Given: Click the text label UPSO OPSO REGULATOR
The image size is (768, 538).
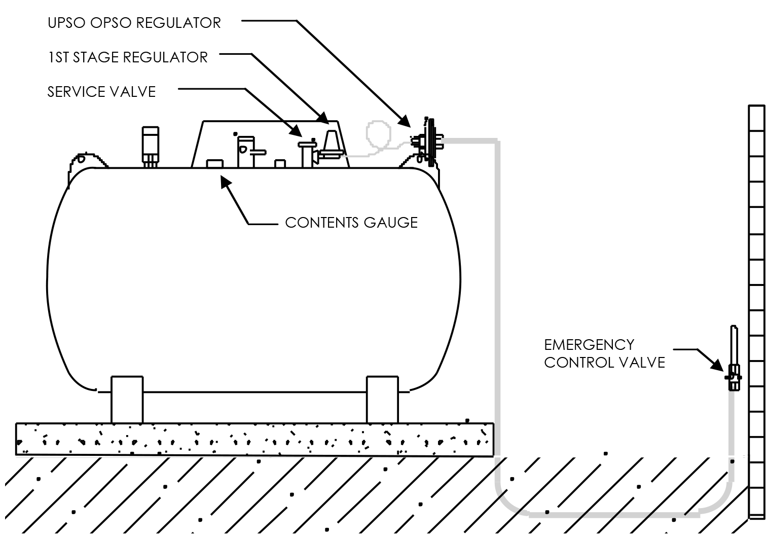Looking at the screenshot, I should pos(134,23).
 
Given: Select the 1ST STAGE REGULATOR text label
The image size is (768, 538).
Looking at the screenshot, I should pos(127,57).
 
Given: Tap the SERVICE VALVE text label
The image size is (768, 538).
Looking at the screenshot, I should pos(101,92).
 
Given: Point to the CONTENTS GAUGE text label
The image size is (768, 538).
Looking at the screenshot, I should pos(351,223).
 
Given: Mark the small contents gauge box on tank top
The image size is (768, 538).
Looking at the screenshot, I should pos(214,163).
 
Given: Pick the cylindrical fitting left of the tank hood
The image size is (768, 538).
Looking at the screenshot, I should pos(150,145).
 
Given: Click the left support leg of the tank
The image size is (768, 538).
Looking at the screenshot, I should pos(127,399).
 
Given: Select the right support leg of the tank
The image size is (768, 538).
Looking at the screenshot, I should pos(382,399).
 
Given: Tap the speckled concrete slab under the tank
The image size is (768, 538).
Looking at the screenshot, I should pos(253,439).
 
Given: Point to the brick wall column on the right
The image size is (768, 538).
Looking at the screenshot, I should pos(756,309).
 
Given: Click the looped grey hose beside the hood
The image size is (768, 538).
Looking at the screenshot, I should pos(378,135).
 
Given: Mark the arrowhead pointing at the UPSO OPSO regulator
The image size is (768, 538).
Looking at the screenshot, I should pos(405,121).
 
